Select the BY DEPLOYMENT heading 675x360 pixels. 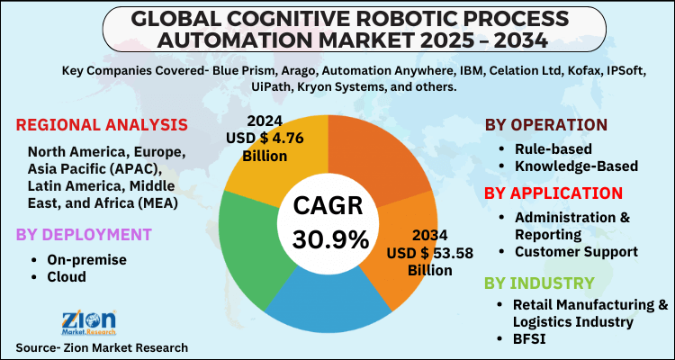coord(82,235)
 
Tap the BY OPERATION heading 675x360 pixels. coord(557,124)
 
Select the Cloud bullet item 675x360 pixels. coord(67,277)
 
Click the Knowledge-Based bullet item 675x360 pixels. coord(576,166)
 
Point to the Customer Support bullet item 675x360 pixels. coord(575,251)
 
